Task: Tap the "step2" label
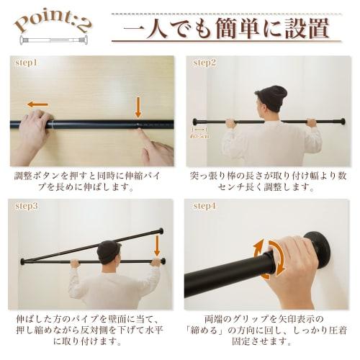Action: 204,63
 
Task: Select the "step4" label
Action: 204,205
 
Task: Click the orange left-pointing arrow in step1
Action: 38,105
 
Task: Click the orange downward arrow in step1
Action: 138,107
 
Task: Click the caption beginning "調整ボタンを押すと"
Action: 91,181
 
